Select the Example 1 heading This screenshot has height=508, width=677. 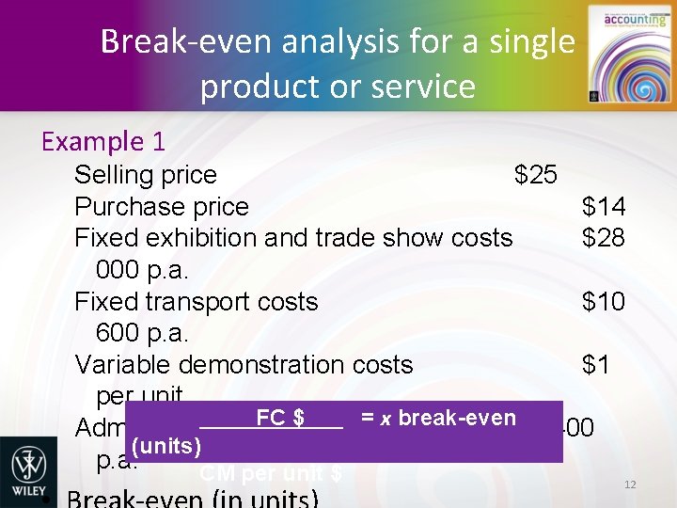coord(103,141)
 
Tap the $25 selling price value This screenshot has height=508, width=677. coord(535,175)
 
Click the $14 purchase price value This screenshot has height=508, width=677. coord(603,207)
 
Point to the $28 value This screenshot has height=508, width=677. coord(603,238)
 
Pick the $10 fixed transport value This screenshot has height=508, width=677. coord(603,302)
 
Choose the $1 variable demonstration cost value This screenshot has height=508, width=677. coord(595,365)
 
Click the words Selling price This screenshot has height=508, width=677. coord(145,175)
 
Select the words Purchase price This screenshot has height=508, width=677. coord(161,207)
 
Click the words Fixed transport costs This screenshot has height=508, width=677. coord(196,302)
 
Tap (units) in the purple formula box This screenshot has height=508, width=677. coord(166,444)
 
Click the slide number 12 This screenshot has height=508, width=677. coord(630,484)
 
